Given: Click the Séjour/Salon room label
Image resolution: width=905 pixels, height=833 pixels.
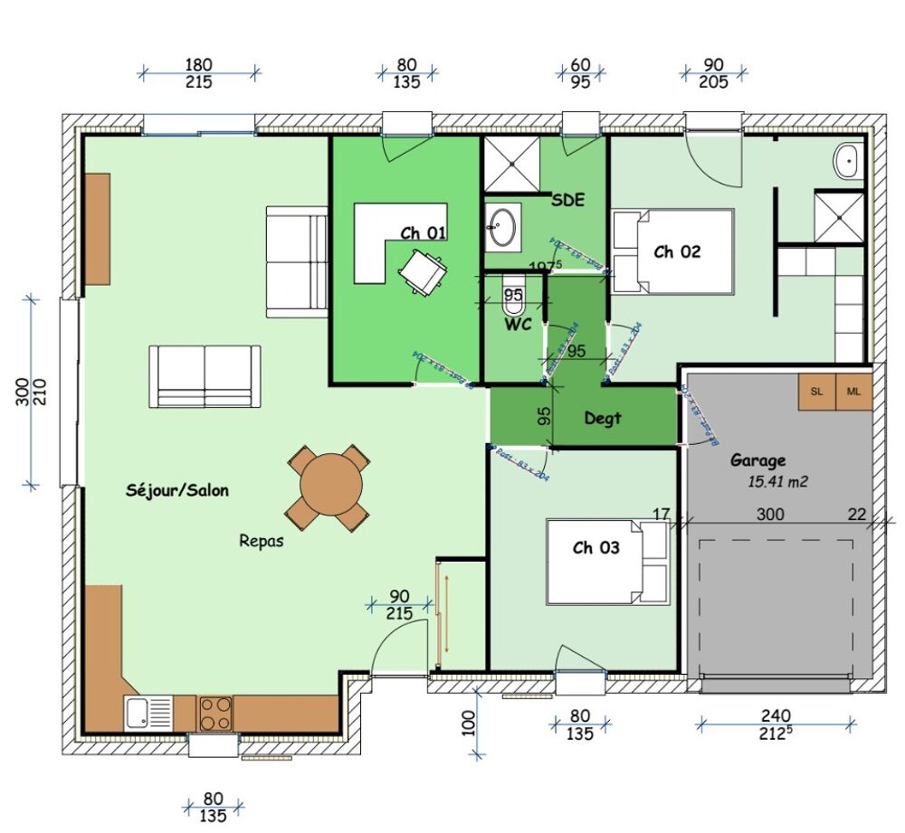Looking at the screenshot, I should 177,490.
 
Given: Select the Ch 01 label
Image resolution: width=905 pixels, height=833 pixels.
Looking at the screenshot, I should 424,233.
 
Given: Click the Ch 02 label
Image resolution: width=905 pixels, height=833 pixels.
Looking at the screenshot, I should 677,251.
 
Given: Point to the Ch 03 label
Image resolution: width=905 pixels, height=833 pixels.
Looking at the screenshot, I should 596,548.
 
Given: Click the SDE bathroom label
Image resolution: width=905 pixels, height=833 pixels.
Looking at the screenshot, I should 567,201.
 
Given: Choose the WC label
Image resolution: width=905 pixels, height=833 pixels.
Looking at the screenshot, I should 518,325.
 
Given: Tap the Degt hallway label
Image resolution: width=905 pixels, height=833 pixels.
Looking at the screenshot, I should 603,419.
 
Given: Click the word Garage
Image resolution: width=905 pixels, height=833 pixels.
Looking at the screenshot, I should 758,460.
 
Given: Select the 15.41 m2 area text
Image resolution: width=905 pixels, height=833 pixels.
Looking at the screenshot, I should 777,482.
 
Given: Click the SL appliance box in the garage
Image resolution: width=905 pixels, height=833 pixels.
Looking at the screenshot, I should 817,391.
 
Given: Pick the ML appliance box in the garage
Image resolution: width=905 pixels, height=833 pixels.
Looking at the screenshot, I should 853,391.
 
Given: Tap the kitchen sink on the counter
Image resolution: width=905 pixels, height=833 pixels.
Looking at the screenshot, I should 149,713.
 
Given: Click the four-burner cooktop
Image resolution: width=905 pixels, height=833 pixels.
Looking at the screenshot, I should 215,713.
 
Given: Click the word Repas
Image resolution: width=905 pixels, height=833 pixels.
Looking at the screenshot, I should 262,541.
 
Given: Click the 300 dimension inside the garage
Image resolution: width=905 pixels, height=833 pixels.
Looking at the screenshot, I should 770,514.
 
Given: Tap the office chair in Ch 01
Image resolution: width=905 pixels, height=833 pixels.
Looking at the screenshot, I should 422,270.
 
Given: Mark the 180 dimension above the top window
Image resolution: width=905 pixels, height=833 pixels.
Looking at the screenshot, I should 198,64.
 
